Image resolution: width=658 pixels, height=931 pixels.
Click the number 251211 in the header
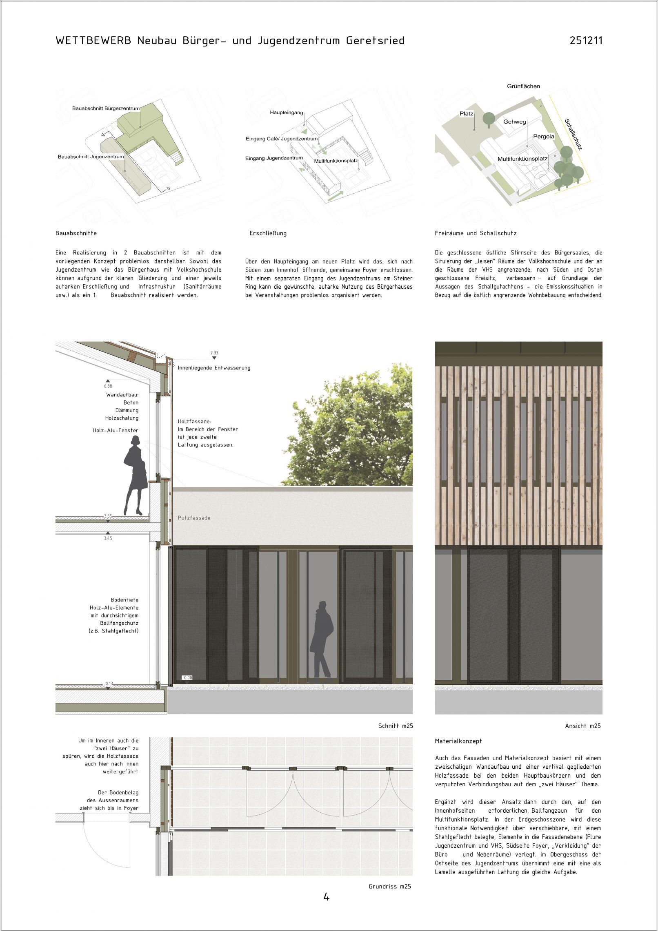[x=586, y=40]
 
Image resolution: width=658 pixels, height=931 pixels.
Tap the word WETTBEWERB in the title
[x=93, y=41]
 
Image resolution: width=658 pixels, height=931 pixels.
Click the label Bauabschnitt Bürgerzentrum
[x=106, y=108]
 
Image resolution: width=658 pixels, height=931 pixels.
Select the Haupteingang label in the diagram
[x=286, y=113]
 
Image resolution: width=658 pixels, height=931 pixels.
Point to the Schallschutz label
[x=573, y=134]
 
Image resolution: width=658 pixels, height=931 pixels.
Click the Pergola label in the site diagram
[x=543, y=137]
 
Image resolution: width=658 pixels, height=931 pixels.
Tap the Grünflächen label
[x=523, y=86]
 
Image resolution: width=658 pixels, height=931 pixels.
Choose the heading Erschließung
[x=268, y=233]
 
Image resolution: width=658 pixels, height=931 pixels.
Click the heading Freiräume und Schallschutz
[x=476, y=233]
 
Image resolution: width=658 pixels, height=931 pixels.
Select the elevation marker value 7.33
[x=214, y=353]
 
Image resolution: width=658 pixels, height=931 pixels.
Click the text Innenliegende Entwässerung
[x=214, y=368]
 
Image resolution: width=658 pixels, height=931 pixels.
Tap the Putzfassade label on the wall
[x=194, y=518]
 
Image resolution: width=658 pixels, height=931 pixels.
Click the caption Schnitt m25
[x=395, y=726]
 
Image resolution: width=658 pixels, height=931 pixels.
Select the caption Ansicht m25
[x=582, y=726]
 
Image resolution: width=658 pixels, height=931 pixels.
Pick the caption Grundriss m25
[x=389, y=887]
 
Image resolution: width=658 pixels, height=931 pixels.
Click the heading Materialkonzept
[x=458, y=741]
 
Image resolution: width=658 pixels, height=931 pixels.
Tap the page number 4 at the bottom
[x=327, y=897]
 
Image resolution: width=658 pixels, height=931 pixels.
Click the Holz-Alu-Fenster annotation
[x=116, y=430]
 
